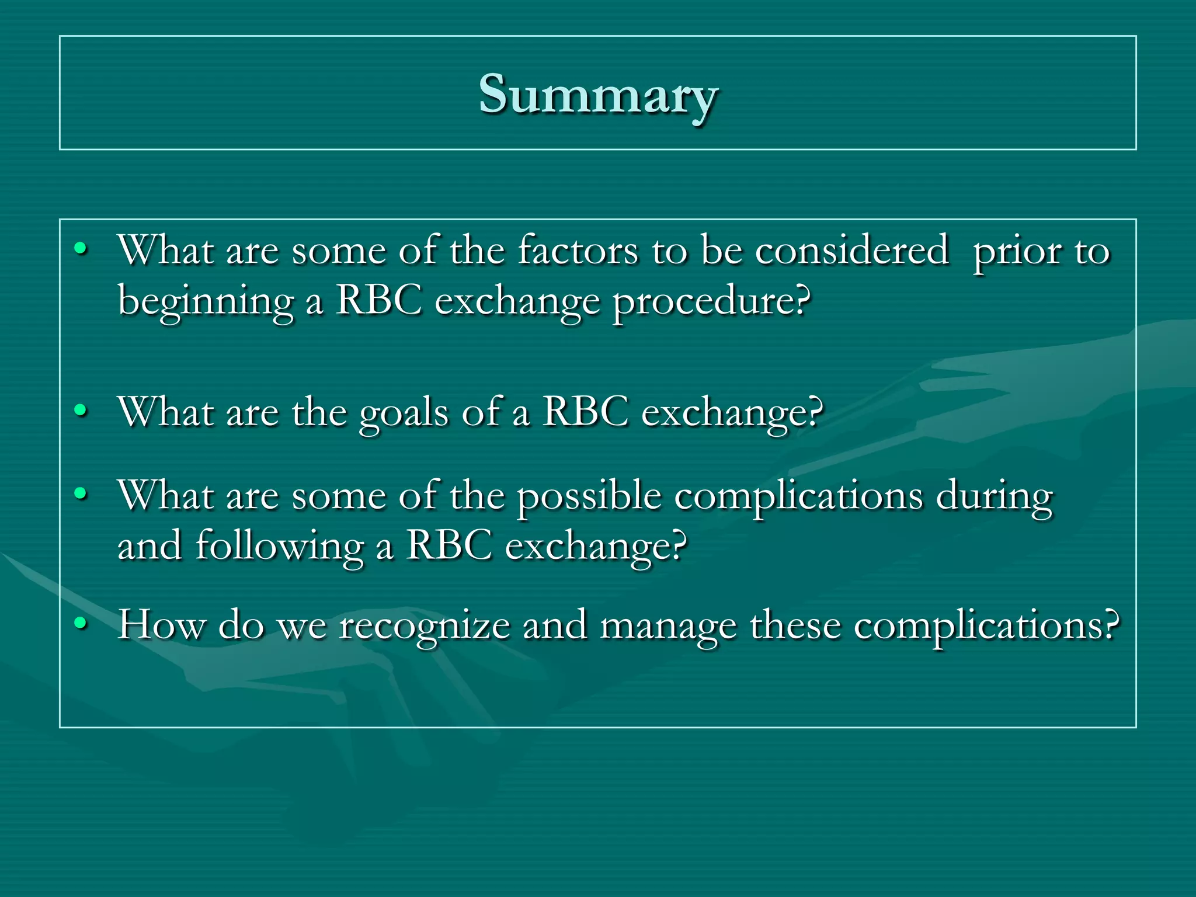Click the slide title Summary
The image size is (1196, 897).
click(598, 95)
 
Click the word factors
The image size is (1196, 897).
click(578, 251)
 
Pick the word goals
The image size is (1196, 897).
click(404, 413)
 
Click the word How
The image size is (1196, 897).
click(161, 625)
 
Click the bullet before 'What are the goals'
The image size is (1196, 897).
click(81, 411)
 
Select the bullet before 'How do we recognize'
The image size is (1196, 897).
click(81, 624)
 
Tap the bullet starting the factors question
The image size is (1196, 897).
click(81, 249)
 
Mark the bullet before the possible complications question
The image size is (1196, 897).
click(81, 495)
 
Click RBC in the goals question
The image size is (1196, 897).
click(586, 412)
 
